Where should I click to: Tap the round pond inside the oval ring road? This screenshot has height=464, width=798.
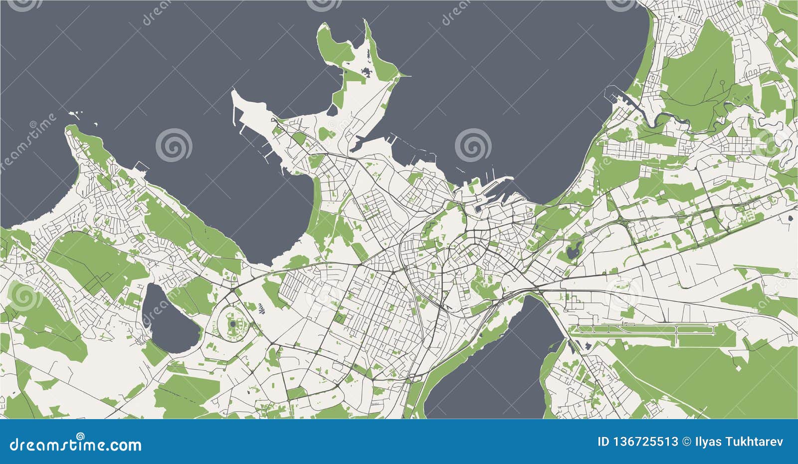[233, 324]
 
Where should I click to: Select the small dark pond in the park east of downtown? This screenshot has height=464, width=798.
[574, 250]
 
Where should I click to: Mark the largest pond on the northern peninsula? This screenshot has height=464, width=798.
[368, 73]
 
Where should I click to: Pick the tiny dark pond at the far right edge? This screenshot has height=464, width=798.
[791, 218]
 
